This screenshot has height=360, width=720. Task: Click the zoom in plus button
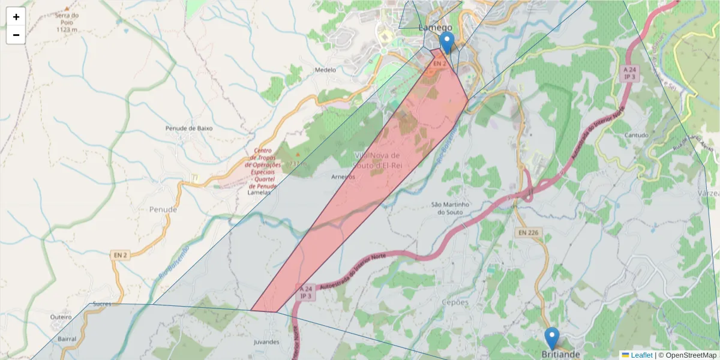pyautogui.click(x=16, y=17)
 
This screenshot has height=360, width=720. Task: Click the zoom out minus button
pyautogui.click(x=16, y=35)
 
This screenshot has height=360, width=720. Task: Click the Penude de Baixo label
pyautogui.click(x=189, y=128)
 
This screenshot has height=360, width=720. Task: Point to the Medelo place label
pyautogui.click(x=325, y=70)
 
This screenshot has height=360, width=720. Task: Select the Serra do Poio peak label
pyautogui.click(x=67, y=22)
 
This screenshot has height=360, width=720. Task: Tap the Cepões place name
pyautogui.click(x=454, y=302)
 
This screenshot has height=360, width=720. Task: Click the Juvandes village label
pyautogui.click(x=267, y=342)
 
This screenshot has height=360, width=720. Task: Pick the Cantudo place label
pyautogui.click(x=637, y=136)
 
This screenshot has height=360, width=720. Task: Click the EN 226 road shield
pyautogui.click(x=528, y=232)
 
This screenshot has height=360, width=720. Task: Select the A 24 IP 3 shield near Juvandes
pyautogui.click(x=306, y=292)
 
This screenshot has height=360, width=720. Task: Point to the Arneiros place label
pyautogui.click(x=343, y=177)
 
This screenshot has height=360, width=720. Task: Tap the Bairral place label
pyautogui.click(x=67, y=339)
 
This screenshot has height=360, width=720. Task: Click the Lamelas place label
pyautogui.click(x=259, y=192)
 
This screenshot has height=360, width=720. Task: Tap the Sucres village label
pyautogui.click(x=103, y=304)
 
